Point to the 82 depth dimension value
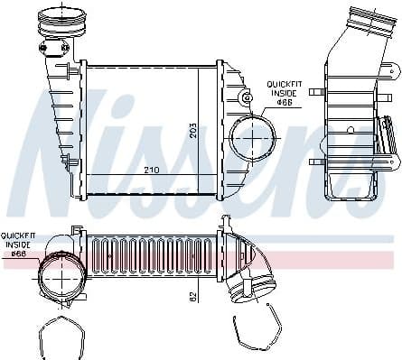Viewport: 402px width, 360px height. (x=192, y=295)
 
